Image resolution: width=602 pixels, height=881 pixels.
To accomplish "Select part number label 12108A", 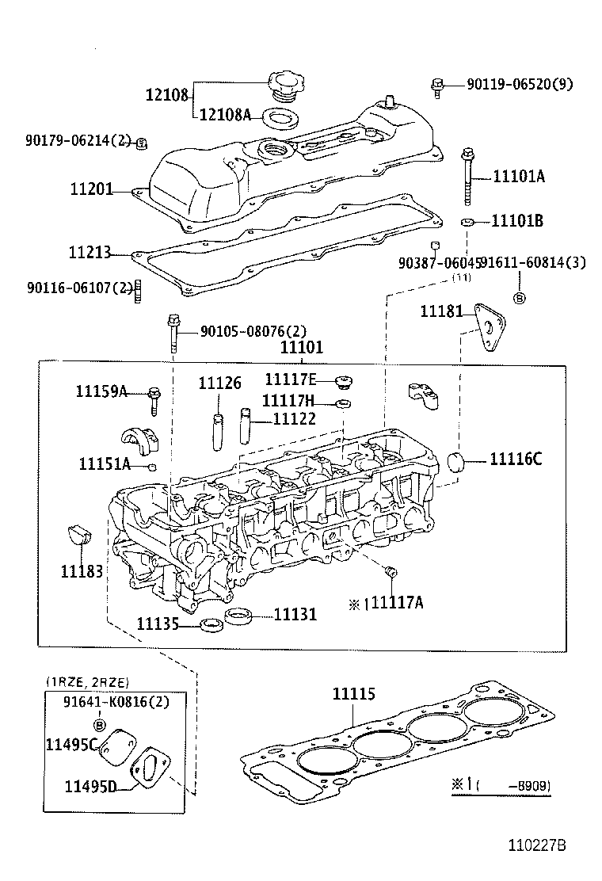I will click(224, 115).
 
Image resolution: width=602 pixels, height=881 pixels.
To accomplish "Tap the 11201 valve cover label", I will click(90, 191).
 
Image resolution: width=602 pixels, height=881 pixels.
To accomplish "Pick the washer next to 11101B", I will click(468, 221).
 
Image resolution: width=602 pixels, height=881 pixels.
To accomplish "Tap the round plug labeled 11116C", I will click(457, 463).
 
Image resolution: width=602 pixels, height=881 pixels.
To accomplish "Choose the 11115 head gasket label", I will click(353, 694).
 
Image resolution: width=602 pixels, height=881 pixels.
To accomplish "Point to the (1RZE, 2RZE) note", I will click(87, 681).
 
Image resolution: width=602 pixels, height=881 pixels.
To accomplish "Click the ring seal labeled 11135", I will click(211, 625).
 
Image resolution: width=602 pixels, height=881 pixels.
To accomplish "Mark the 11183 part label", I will click(82, 570).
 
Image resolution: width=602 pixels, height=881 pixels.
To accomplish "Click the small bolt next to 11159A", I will click(154, 398).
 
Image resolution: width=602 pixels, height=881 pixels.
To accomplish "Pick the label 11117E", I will click(290, 379).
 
